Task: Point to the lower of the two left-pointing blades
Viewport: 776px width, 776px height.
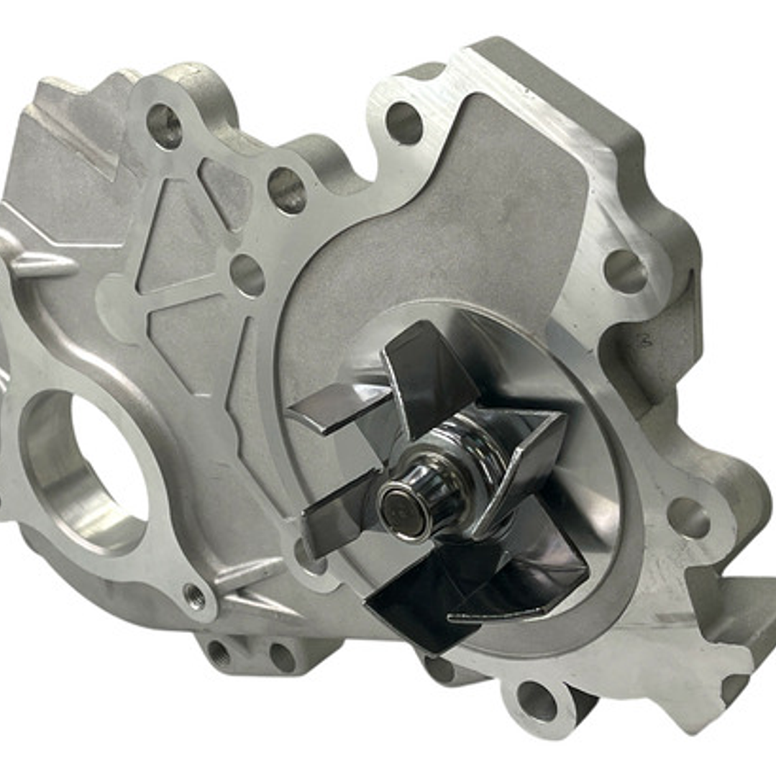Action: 338,506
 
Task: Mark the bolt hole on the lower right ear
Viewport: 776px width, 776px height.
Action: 688,517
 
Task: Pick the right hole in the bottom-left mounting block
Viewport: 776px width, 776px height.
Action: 281,657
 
